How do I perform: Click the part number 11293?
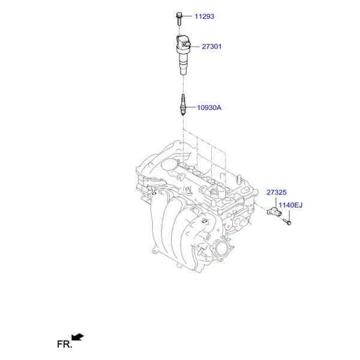point(205,17)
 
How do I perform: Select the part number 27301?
point(212,47)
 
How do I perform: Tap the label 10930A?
point(209,107)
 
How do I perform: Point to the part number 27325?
point(277,192)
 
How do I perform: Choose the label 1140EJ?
point(290,205)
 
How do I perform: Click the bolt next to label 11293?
point(179,19)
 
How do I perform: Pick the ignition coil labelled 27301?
point(183,55)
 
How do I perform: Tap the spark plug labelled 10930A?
point(183,104)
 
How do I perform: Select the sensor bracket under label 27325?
point(274,212)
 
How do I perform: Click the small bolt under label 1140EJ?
point(287,221)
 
